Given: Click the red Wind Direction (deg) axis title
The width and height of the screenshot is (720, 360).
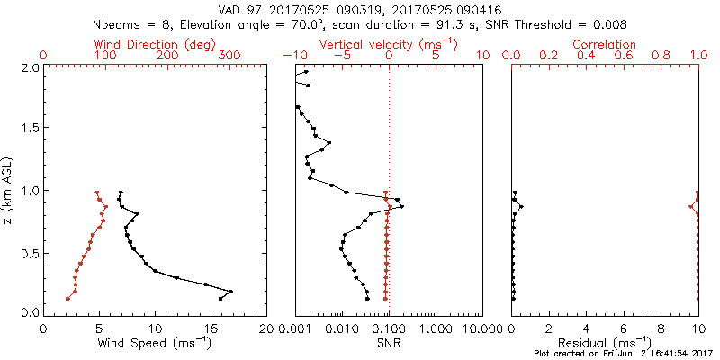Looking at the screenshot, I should click(x=155, y=43).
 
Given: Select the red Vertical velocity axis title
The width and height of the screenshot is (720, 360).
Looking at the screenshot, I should click(x=389, y=43).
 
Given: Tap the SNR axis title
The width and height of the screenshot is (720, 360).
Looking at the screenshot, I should click(x=389, y=343).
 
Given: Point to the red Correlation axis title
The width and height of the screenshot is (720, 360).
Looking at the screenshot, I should click(x=605, y=43).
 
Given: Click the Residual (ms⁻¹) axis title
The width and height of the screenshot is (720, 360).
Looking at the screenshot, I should click(x=605, y=343).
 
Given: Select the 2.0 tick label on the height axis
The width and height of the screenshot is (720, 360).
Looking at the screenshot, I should click(x=29, y=68).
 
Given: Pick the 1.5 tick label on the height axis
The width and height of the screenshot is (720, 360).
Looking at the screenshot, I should click(x=29, y=130).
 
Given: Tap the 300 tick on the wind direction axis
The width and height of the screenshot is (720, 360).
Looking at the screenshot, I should click(x=230, y=56).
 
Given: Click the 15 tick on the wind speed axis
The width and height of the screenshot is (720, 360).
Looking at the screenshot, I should click(x=211, y=328).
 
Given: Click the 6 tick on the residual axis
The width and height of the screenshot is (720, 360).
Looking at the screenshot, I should click(x=624, y=328).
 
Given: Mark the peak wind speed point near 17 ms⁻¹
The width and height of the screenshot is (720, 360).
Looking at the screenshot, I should click(x=231, y=292).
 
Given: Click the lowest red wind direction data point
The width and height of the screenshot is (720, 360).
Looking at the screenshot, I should click(x=67, y=299).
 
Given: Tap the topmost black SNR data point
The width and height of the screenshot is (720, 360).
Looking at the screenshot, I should click(x=306, y=73).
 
